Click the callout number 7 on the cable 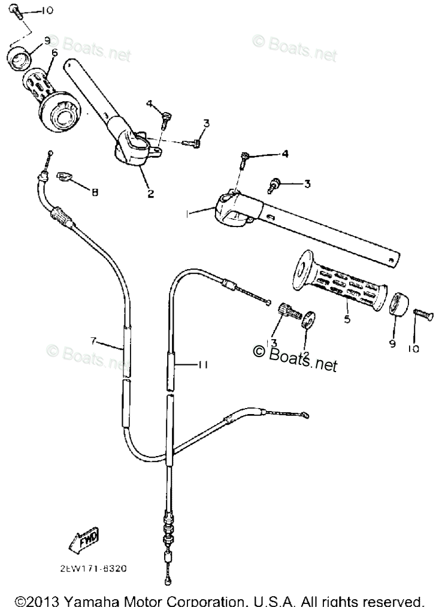(94, 341)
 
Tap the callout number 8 (95, 192)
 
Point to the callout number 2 (150, 193)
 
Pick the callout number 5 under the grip (347, 319)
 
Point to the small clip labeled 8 (65, 176)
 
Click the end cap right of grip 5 (398, 304)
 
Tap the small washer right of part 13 (309, 319)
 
